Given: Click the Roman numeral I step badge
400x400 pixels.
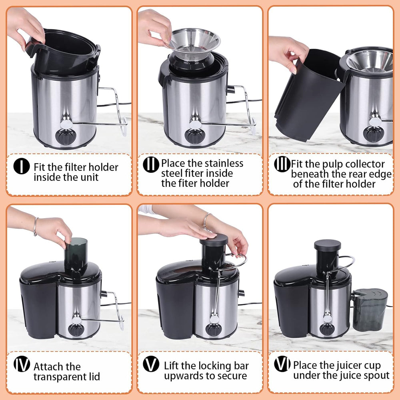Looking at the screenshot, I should [x=21, y=166].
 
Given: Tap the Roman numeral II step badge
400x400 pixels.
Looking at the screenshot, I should [x=151, y=164].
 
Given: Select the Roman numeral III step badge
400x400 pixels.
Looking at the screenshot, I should [x=282, y=164].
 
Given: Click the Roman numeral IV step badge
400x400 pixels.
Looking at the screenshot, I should [x=21, y=364].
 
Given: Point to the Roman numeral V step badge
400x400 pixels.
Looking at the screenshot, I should [x=151, y=364].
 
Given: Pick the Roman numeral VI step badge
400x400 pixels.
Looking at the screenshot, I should [x=282, y=364].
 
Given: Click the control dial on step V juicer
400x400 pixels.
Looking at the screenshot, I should [x=214, y=329].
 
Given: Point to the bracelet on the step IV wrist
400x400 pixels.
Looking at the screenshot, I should [x=36, y=226].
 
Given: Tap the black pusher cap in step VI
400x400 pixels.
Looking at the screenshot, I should [x=327, y=245].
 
